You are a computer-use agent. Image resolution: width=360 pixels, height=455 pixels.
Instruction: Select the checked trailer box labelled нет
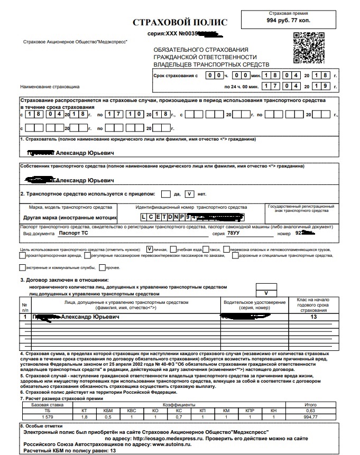190,193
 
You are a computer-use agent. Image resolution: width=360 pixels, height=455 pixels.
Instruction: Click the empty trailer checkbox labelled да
166,193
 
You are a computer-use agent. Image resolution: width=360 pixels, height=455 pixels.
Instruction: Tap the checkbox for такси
206,248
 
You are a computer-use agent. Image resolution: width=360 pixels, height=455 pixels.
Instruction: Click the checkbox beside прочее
102,267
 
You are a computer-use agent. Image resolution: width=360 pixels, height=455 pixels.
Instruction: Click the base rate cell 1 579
48,417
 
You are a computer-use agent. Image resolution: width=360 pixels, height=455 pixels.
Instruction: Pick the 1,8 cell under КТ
84,417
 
